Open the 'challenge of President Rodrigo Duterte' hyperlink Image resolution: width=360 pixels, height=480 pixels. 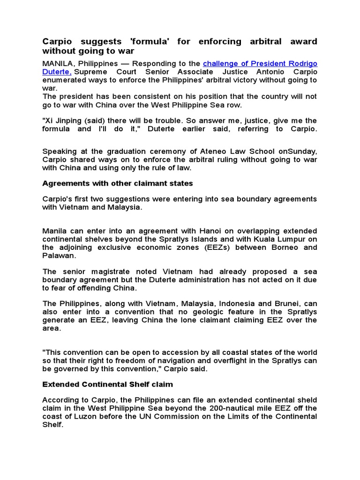[x=260, y=63]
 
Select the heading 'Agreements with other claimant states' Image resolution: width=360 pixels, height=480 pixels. [x=118, y=183]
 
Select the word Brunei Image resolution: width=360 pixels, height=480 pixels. [x=286, y=304]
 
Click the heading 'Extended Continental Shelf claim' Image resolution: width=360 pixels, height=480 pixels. [x=108, y=384]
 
